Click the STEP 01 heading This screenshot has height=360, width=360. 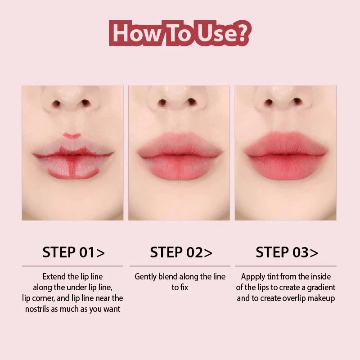tap(73, 252)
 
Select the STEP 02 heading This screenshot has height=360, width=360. tap(181, 252)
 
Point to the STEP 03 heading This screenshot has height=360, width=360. tap(287, 252)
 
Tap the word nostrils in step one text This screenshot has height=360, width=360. tap(37, 309)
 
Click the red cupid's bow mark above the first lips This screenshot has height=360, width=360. tap(72, 136)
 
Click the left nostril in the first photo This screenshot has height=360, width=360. tap(56, 103)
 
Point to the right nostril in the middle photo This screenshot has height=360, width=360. tap(192, 102)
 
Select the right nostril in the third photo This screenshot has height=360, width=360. tap(297, 101)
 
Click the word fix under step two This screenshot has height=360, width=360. tap(184, 288)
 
